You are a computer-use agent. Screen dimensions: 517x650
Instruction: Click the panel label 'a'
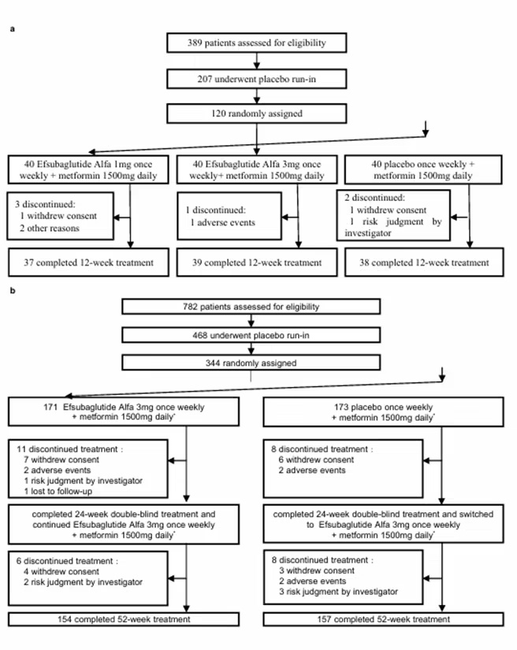click(x=13, y=29)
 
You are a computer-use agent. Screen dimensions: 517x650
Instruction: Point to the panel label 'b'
click(x=13, y=291)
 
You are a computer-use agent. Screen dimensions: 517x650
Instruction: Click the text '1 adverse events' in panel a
click(x=222, y=223)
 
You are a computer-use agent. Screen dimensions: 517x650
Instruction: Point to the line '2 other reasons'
click(x=50, y=228)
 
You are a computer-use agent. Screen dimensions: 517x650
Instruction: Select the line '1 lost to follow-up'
click(x=58, y=491)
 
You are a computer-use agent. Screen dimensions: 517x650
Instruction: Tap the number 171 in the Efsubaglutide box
click(x=50, y=407)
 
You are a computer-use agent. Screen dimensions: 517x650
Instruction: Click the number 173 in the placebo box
click(x=341, y=407)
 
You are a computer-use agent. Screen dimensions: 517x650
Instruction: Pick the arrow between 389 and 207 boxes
click(x=257, y=61)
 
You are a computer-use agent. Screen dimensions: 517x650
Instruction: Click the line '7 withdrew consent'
click(x=61, y=459)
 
